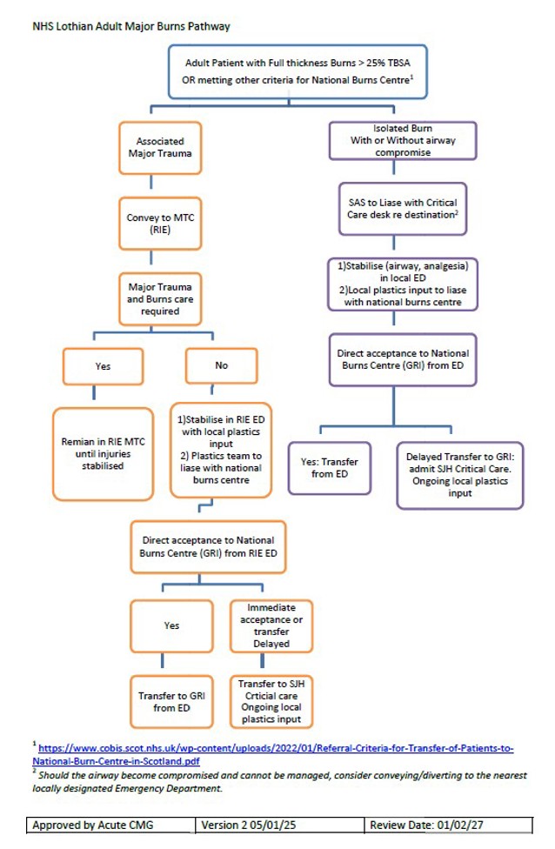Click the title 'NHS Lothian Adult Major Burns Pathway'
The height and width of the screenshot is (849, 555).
[x=131, y=26]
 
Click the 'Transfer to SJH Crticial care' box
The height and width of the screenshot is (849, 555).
[x=270, y=701]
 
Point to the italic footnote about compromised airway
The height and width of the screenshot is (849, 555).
[x=277, y=781]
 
